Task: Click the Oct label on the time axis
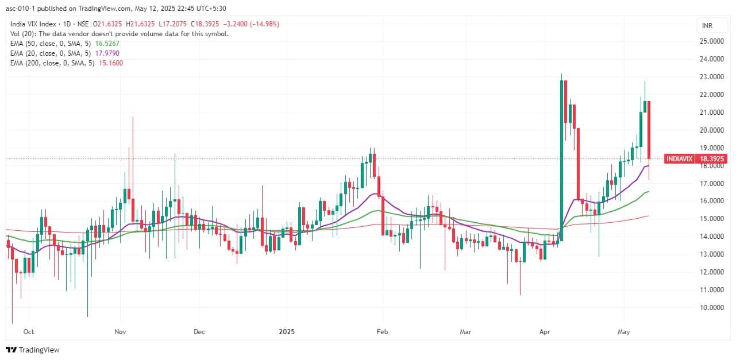(29, 332)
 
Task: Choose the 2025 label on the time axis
(286, 332)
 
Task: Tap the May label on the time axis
(625, 332)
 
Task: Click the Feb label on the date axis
(381, 332)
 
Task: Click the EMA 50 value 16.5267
(107, 43)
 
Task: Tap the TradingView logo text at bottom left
(39, 350)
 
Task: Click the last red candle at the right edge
(649, 129)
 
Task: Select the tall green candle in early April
(561, 161)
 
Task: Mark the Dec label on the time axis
(199, 332)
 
